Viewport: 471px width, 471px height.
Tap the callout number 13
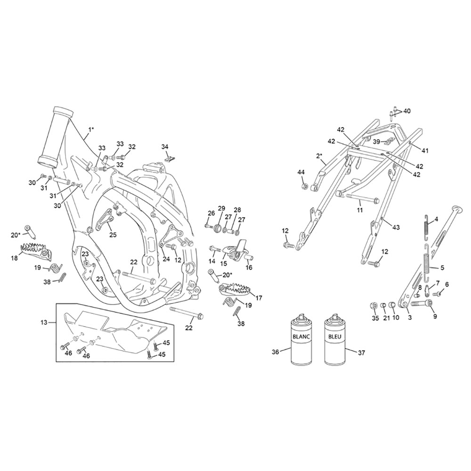click(44, 322)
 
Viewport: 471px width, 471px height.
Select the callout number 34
click(165, 146)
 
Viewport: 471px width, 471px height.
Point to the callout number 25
click(113, 235)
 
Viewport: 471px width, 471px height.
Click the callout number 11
click(360, 210)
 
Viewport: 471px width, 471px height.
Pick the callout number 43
click(396, 227)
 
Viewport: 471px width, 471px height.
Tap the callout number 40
click(407, 111)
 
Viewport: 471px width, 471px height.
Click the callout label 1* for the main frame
click(91, 130)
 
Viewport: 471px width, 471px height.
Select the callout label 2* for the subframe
click(319, 155)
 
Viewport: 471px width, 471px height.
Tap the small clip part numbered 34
click(170, 158)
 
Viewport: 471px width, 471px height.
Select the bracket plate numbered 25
click(104, 220)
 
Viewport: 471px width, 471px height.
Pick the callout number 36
click(276, 352)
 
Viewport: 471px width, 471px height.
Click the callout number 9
click(435, 316)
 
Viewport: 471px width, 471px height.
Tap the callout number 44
click(301, 172)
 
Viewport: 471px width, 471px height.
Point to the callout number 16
click(249, 268)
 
